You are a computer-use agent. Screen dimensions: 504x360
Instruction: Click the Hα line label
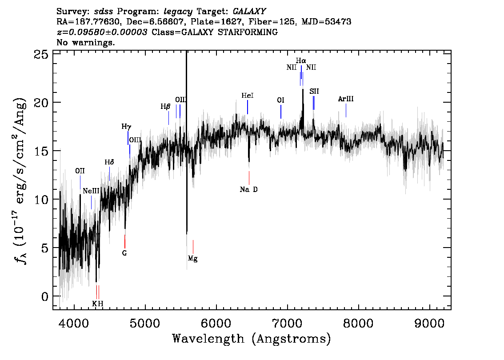click(x=301, y=60)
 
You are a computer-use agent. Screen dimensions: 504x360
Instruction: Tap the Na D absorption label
click(x=249, y=189)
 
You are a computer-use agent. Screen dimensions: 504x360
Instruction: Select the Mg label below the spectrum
click(x=192, y=258)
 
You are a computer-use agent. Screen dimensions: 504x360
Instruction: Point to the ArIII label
click(x=345, y=99)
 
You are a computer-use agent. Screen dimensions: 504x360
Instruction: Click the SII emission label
click(x=314, y=91)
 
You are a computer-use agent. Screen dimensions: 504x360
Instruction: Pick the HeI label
click(x=248, y=96)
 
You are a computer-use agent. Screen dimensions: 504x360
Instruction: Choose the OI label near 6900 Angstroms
click(x=280, y=100)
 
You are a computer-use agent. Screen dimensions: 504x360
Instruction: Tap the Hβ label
click(x=165, y=106)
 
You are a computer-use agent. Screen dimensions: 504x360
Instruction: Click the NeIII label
click(x=91, y=191)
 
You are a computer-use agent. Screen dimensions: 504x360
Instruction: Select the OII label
click(x=80, y=171)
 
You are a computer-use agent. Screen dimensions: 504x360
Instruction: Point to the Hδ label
click(x=109, y=162)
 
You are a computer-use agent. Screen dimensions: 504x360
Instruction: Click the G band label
click(x=124, y=253)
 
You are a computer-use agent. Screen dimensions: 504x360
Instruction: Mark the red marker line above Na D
click(x=249, y=178)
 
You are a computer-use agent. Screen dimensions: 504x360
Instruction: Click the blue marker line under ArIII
click(x=346, y=110)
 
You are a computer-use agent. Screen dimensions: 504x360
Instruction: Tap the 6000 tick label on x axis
click(x=216, y=324)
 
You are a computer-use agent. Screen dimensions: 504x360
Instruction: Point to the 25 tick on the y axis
click(x=41, y=54)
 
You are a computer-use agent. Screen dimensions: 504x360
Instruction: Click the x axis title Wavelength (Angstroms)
click(x=252, y=339)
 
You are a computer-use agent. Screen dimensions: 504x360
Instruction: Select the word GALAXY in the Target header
click(x=249, y=12)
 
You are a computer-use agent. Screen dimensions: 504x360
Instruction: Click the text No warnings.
click(x=85, y=42)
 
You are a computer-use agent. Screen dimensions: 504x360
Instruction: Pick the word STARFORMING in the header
click(x=248, y=32)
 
